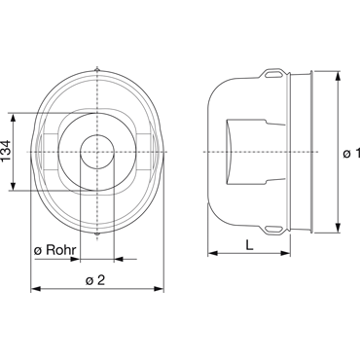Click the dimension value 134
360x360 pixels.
(x=6, y=151)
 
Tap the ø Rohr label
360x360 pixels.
(x=55, y=250)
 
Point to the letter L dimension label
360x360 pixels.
(x=249, y=245)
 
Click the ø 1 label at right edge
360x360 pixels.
(x=351, y=153)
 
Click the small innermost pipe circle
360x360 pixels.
(x=97, y=152)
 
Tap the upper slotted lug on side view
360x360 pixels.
(x=273, y=74)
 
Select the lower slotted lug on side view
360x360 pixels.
(x=273, y=230)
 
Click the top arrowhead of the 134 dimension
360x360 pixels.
(x=13, y=118)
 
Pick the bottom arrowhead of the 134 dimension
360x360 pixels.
(x=13, y=186)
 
